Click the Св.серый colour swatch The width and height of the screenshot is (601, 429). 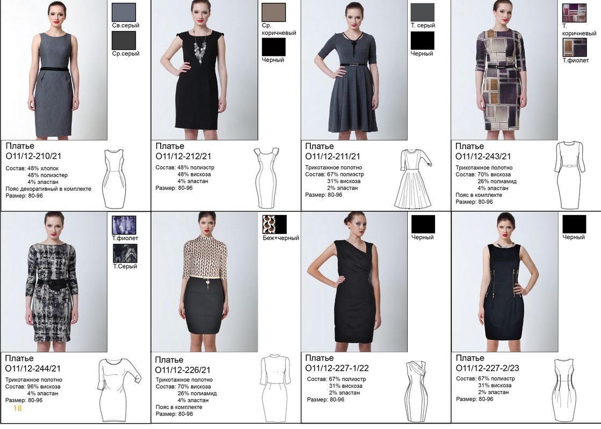[x=124, y=12]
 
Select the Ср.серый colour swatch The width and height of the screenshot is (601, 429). [x=124, y=40]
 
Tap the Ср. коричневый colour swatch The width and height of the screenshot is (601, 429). [x=274, y=12]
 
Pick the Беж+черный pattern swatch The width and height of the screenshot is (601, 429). [x=274, y=224]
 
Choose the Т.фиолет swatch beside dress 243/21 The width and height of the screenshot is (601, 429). [x=575, y=47]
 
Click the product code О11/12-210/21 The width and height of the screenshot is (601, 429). [x=33, y=156]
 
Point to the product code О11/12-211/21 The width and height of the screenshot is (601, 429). [x=332, y=157]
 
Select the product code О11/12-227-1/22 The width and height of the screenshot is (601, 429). [x=337, y=368]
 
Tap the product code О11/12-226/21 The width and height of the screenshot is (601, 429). [x=183, y=370]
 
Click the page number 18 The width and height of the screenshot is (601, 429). [x=18, y=408]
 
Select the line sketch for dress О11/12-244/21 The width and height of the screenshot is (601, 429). [x=117, y=390]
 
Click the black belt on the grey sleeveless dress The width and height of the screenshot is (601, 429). [x=54, y=69]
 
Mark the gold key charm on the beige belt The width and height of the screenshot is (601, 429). [x=208, y=283]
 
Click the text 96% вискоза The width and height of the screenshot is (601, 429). [x=44, y=387]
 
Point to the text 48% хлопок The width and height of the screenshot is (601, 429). [x=43, y=168]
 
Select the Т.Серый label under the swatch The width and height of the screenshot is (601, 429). [x=125, y=267]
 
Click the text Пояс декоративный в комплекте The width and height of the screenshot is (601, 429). [x=48, y=189]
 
